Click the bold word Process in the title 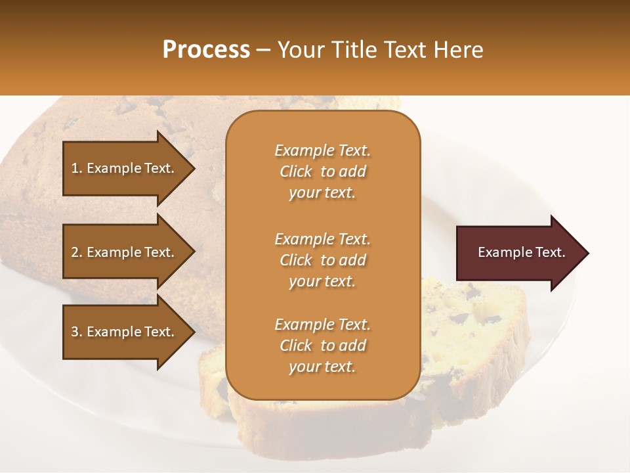pyautogui.click(x=206, y=50)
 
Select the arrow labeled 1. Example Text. pyautogui.click(x=125, y=168)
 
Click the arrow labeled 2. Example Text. pyautogui.click(x=125, y=252)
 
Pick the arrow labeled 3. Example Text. pyautogui.click(x=125, y=332)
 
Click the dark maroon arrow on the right pyautogui.click(x=518, y=253)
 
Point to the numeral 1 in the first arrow pyautogui.click(x=75, y=168)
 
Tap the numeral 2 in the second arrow pyautogui.click(x=75, y=252)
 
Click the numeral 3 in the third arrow pyautogui.click(x=75, y=332)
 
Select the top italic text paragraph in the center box pyautogui.click(x=322, y=171)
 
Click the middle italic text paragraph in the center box pyautogui.click(x=322, y=260)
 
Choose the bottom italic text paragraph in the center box pyautogui.click(x=322, y=346)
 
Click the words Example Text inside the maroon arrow pyautogui.click(x=521, y=252)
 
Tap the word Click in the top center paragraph pyautogui.click(x=295, y=171)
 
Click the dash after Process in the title pyautogui.click(x=264, y=50)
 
